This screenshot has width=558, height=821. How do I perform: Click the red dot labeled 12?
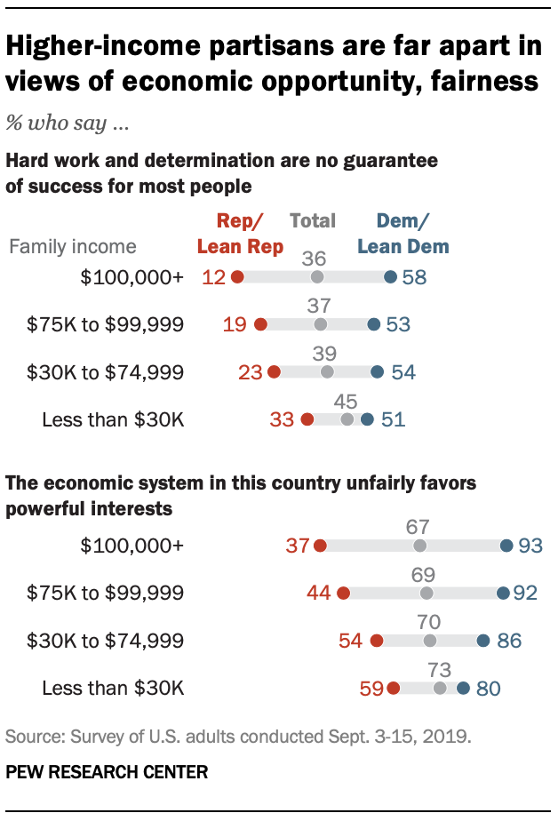pos(237,277)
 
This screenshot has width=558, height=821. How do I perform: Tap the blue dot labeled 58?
pos(390,277)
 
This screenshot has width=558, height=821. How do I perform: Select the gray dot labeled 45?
pos(347,418)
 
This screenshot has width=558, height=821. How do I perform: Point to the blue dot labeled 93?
pos(506,546)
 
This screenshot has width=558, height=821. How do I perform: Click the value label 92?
pos(526,593)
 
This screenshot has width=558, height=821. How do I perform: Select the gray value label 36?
pos(315,259)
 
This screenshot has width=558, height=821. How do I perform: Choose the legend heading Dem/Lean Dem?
pos(403,233)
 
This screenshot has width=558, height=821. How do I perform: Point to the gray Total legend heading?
pos(313,220)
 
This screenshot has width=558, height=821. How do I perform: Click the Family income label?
pos(73,246)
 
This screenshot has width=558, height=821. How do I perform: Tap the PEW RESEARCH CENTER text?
pos(107,772)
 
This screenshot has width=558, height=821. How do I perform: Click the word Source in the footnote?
pos(32,737)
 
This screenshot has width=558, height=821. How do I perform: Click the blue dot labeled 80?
pos(463,687)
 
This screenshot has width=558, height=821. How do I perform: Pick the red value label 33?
pos(282,418)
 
